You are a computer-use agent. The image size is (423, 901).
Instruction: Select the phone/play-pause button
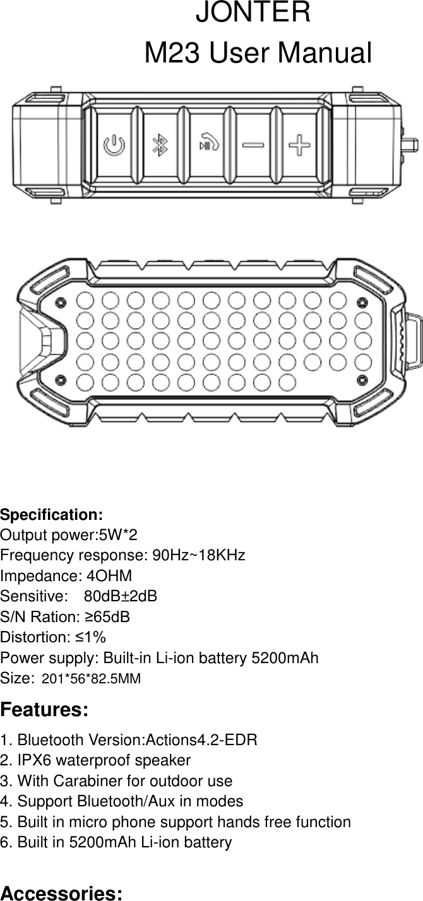pos(208,144)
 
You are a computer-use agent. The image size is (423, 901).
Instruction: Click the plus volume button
pos(299,146)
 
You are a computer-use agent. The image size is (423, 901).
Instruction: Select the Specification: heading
pos(52,514)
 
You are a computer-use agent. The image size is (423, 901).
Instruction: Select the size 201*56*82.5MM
pos(91,679)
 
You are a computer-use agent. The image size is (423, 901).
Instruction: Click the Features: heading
pos(44,710)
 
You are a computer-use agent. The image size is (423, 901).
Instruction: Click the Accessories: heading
pos(62,893)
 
